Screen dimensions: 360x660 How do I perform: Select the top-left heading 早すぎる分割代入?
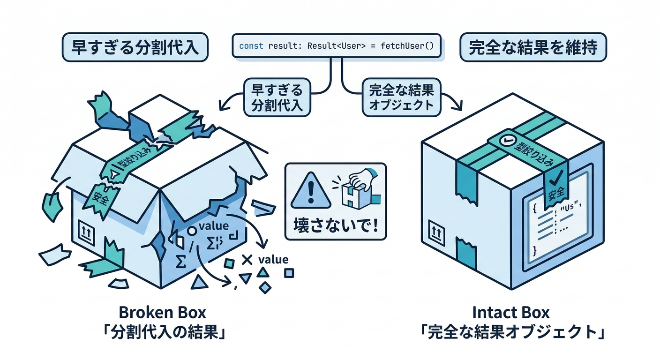click(x=135, y=48)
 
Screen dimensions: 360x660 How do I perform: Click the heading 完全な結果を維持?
click(x=533, y=48)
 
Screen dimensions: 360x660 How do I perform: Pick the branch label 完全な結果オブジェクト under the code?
click(x=401, y=97)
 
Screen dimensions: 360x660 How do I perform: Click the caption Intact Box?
click(x=511, y=312)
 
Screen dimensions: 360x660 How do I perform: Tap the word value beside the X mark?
click(x=273, y=259)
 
